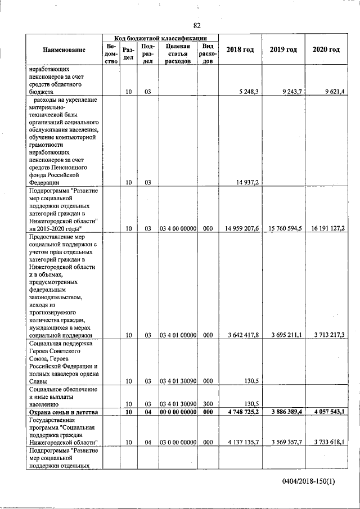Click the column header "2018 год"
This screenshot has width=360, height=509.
[240, 49]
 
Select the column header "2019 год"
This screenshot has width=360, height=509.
[283, 49]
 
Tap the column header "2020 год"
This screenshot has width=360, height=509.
[326, 49]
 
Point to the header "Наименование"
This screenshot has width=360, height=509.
[64, 49]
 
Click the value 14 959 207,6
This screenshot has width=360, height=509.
[242, 228]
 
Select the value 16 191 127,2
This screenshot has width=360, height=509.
[328, 228]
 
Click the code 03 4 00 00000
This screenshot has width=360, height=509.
[178, 228]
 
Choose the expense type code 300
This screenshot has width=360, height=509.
[208, 404]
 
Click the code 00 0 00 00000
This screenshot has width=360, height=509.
[178, 412]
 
